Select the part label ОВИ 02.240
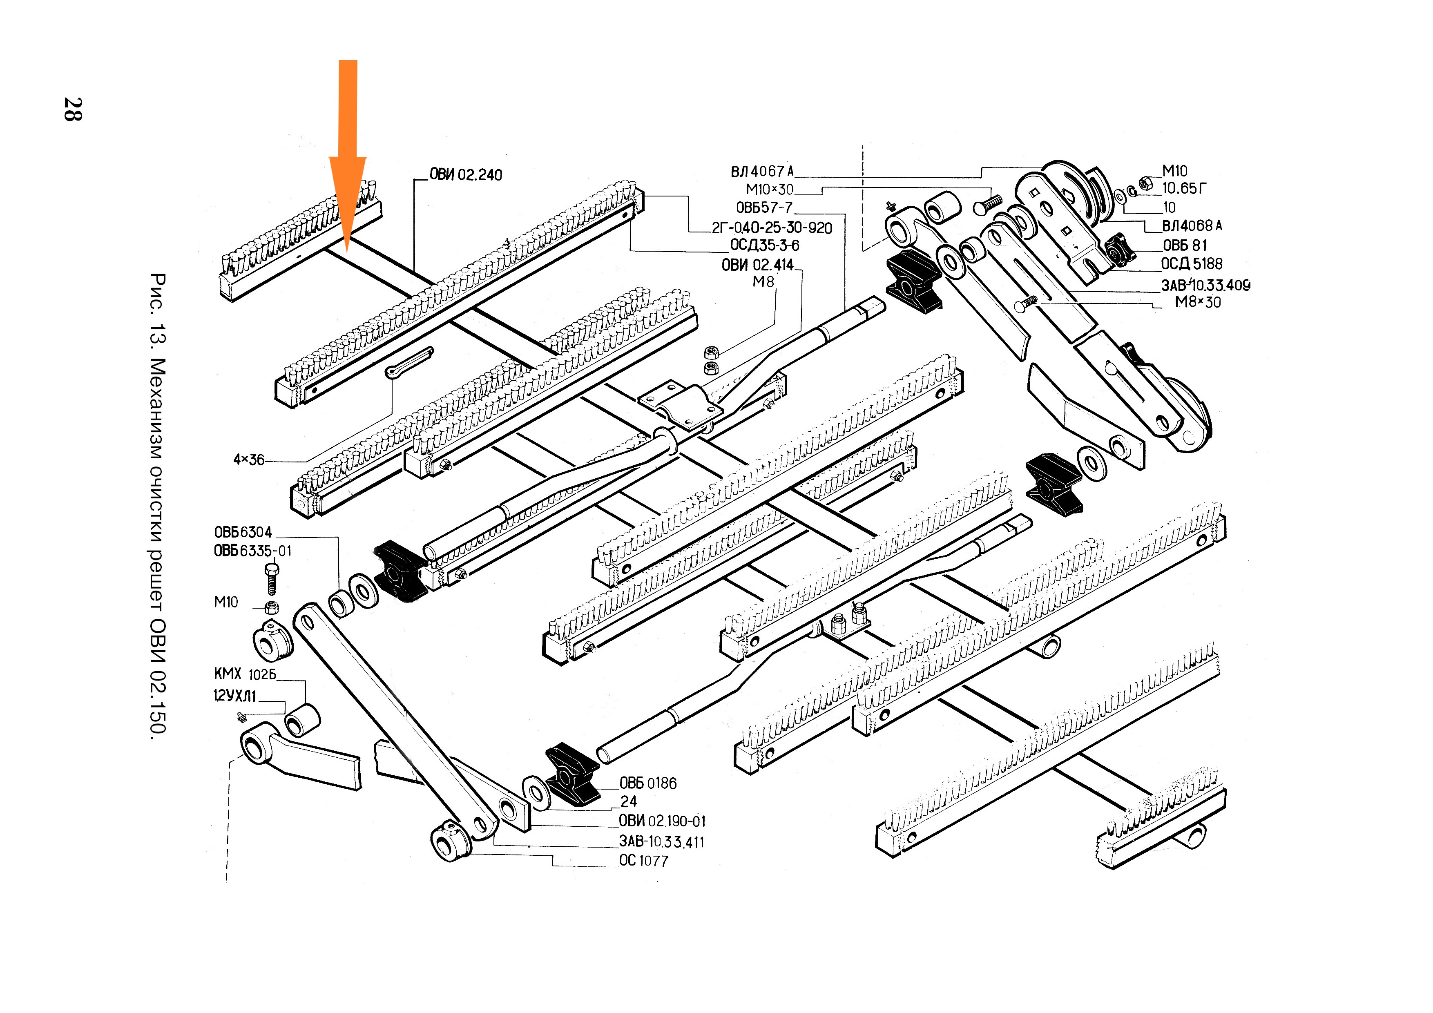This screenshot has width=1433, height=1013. [466, 175]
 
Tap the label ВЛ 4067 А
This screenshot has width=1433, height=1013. [762, 172]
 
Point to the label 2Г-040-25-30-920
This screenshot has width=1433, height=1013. [772, 228]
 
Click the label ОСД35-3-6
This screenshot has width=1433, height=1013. [765, 245]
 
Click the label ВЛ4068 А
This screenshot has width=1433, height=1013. [1192, 226]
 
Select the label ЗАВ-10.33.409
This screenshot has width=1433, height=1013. [1205, 285]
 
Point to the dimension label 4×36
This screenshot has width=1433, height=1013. [248, 460]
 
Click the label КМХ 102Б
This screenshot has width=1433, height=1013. [245, 674]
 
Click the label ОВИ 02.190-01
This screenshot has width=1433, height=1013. [662, 821]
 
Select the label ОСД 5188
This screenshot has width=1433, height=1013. [1192, 264]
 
